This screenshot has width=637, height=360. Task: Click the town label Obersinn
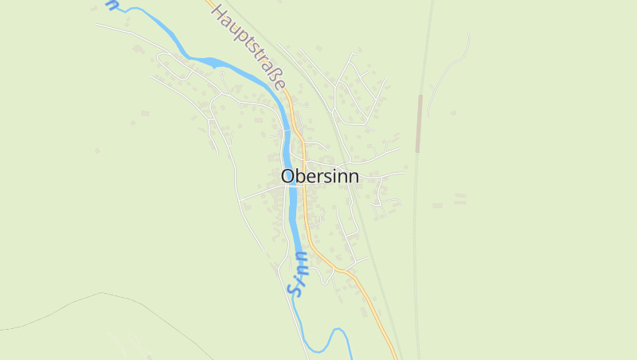tap(319, 176)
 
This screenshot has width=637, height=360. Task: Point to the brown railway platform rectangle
tap(419, 123)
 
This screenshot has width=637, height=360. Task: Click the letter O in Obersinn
tap(288, 176)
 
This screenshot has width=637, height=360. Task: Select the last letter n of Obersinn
tap(352, 177)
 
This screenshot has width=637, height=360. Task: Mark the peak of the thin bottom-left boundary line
tap(102, 293)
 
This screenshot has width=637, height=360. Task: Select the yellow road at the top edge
tap(209, 3)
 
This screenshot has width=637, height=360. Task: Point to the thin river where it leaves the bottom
tap(350, 354)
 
